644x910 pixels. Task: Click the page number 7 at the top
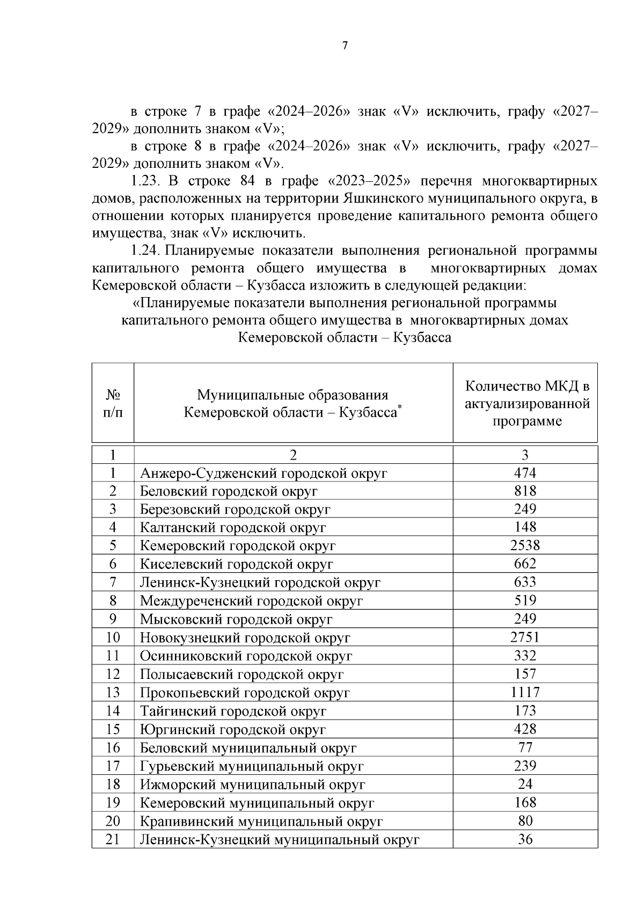click(x=345, y=46)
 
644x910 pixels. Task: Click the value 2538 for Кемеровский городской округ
click(x=524, y=545)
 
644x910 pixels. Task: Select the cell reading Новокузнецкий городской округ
click(x=245, y=638)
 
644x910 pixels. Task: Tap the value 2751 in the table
click(x=524, y=637)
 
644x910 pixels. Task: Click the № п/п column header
click(x=113, y=403)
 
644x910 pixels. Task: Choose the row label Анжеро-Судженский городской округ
click(x=264, y=473)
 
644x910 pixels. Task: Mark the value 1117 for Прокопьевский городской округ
click(x=524, y=692)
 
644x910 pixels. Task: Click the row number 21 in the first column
click(x=113, y=839)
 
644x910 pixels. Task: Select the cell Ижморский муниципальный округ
click(x=252, y=785)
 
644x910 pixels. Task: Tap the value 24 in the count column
click(x=524, y=784)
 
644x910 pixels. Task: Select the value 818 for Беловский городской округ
click(x=524, y=491)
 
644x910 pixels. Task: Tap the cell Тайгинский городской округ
click(x=233, y=711)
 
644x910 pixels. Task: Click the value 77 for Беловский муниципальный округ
click(x=524, y=748)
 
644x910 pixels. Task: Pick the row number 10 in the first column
click(x=113, y=638)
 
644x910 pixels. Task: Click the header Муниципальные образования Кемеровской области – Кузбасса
click(x=292, y=404)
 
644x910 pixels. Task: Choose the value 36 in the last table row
click(x=524, y=839)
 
